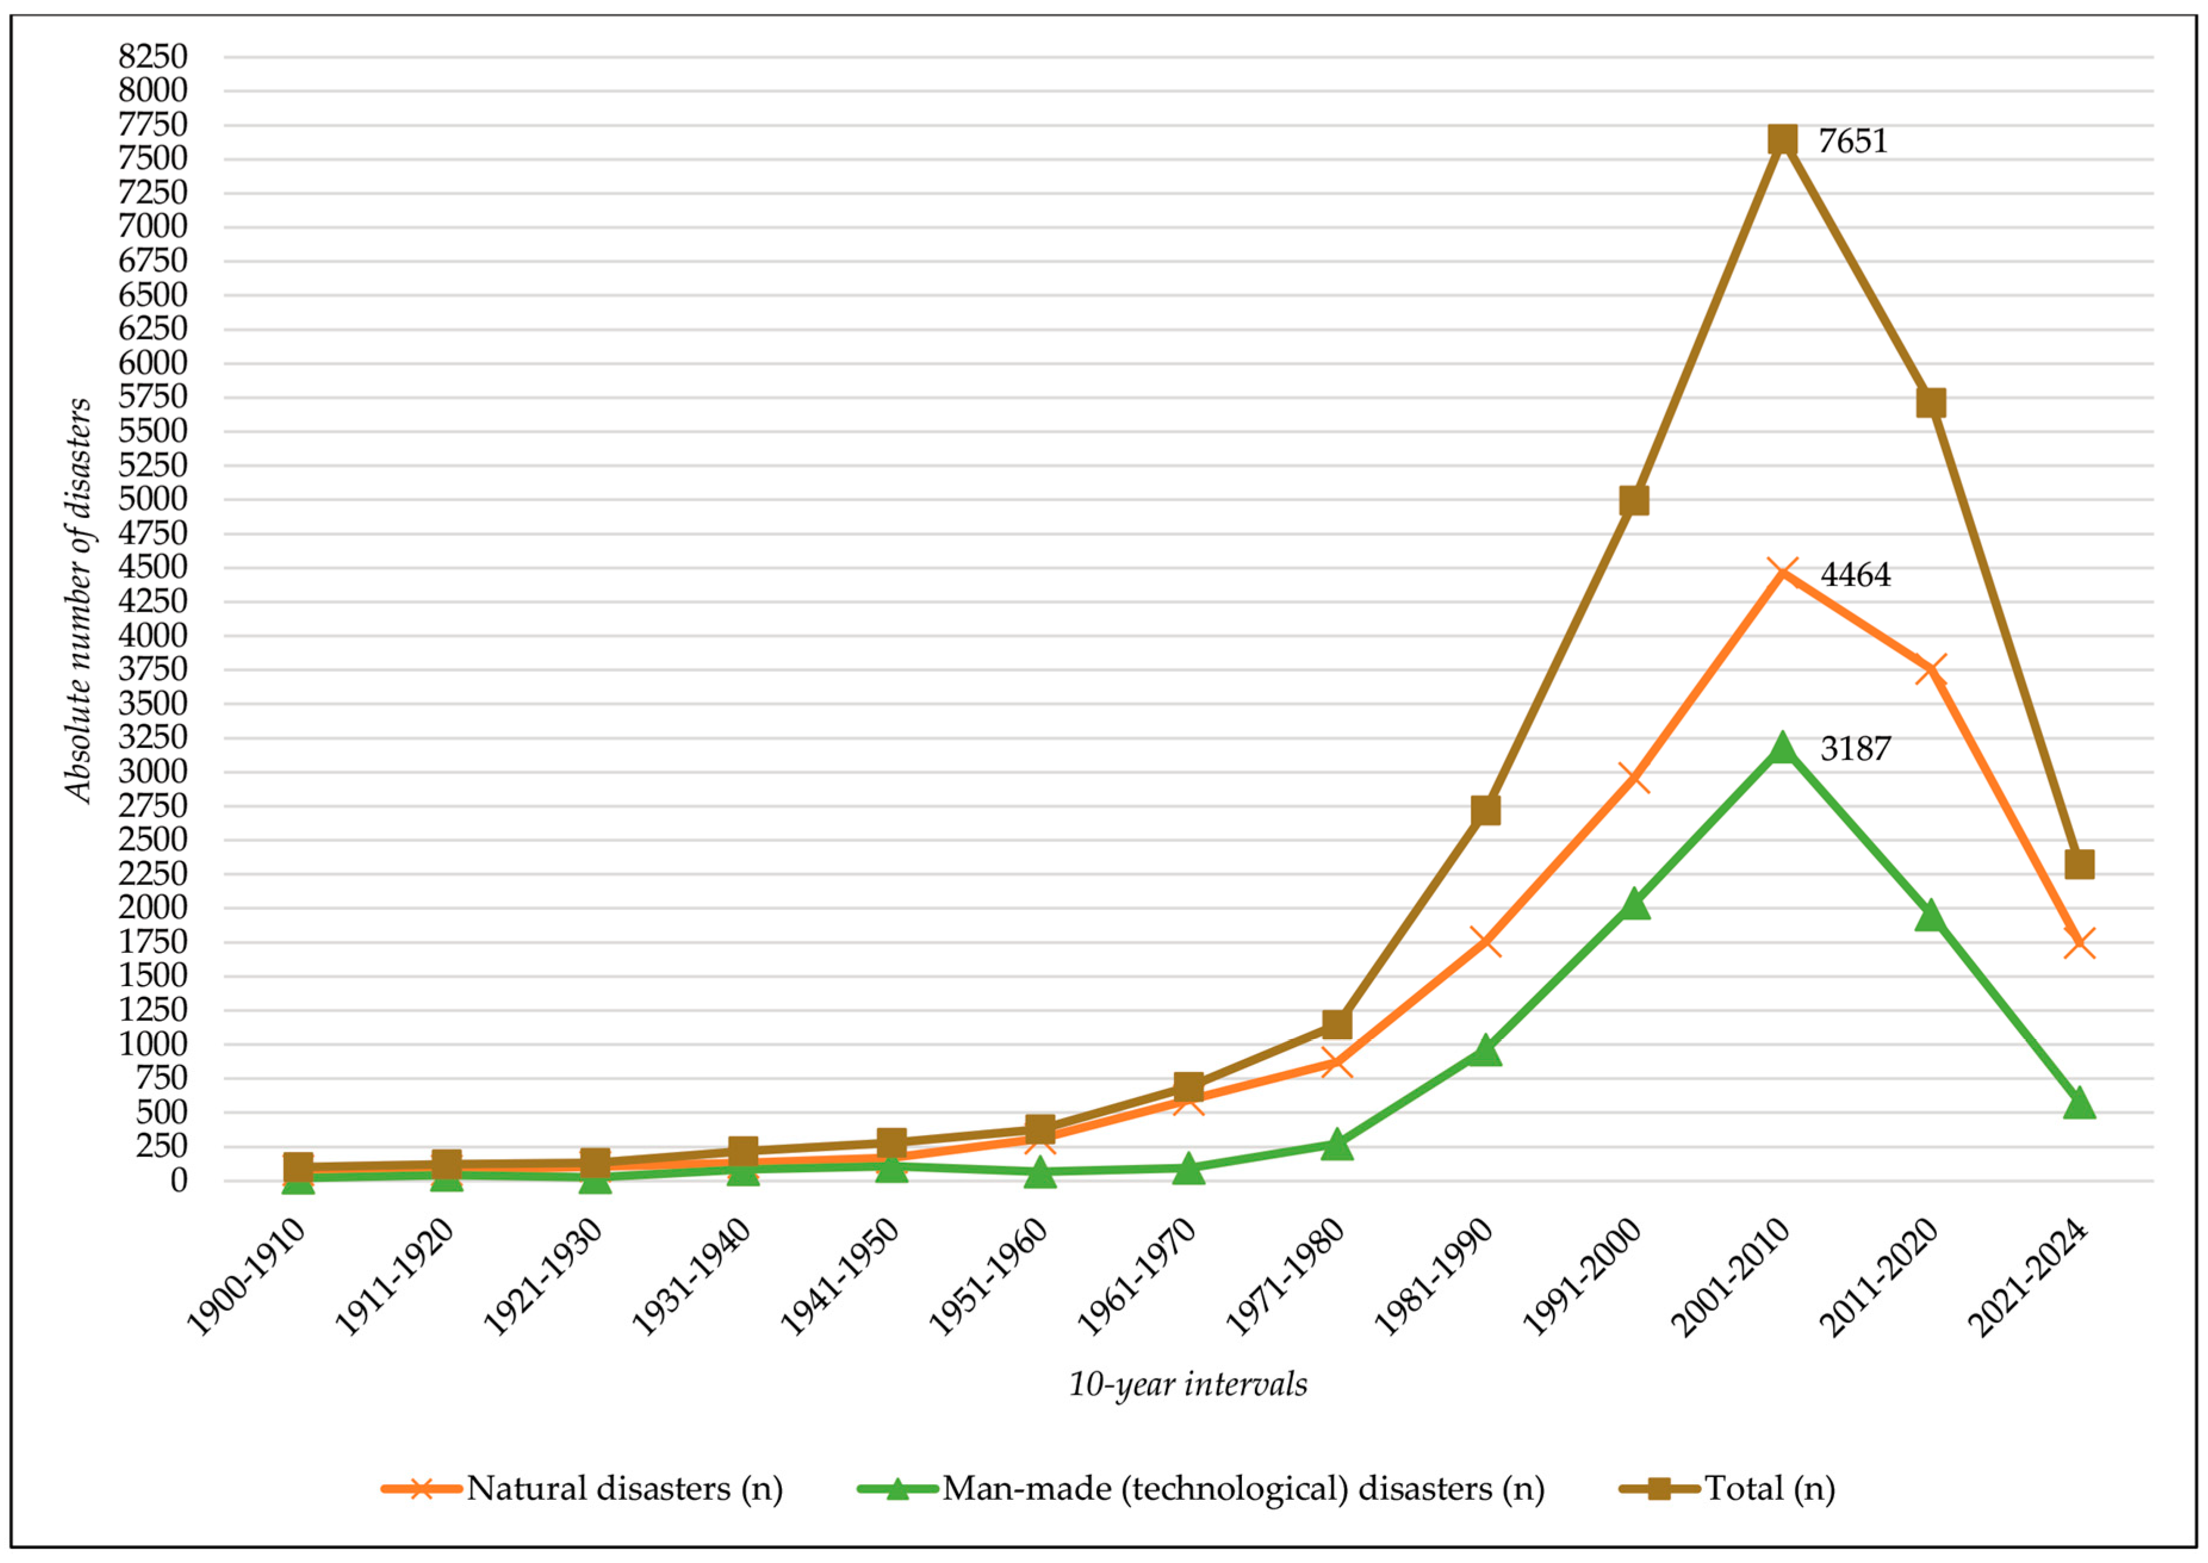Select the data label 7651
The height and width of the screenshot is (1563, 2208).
(1852, 141)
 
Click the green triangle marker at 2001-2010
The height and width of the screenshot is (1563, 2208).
(1782, 747)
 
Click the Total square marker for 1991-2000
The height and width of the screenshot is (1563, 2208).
(1634, 501)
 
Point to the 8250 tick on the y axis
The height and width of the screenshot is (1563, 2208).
(153, 57)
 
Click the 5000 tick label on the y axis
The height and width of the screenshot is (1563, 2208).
(153, 499)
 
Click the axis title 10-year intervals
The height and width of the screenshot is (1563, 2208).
(1188, 1384)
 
